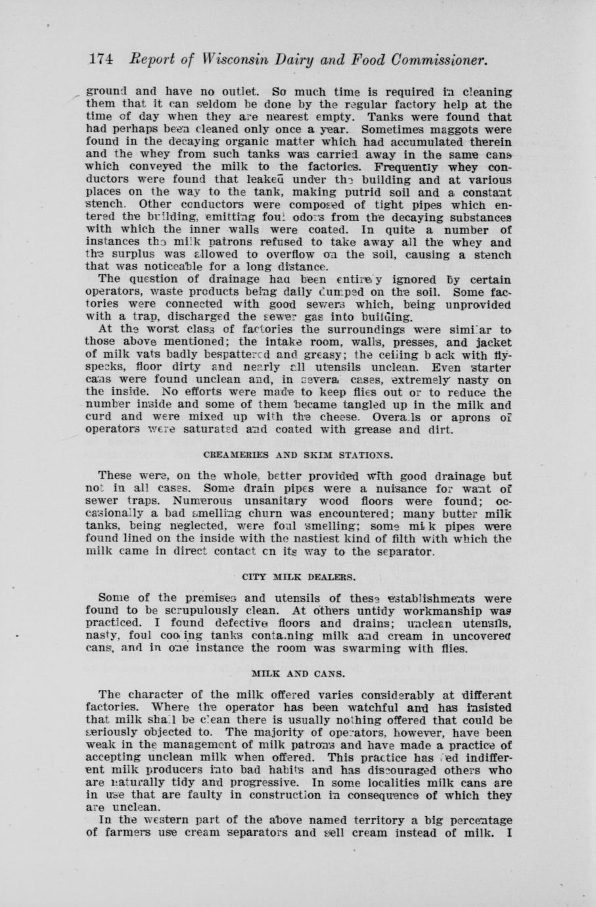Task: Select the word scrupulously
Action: click(x=214, y=610)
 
